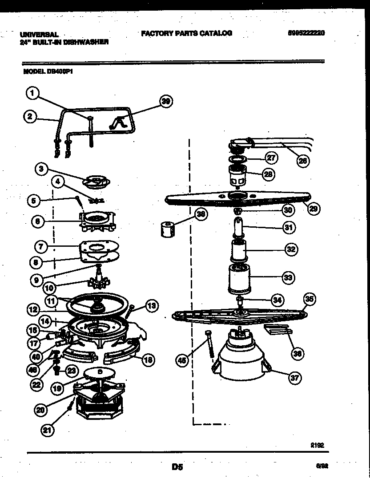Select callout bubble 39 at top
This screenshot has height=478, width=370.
[x=166, y=102]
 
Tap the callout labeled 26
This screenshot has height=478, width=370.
[x=302, y=161]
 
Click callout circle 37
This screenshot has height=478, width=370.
[x=294, y=378]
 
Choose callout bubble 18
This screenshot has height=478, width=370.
[x=148, y=360]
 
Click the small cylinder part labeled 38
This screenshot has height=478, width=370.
[x=166, y=230]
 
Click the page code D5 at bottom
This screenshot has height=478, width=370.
[x=177, y=466]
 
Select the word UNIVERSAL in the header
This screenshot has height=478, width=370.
[x=40, y=34]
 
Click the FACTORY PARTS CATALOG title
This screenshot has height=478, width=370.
[x=186, y=33]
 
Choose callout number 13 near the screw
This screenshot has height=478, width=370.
[x=152, y=305]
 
